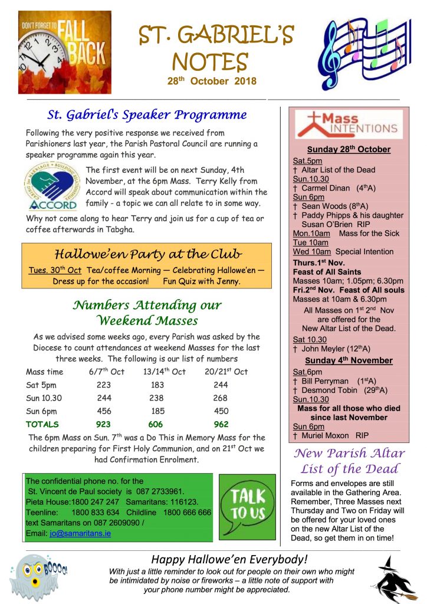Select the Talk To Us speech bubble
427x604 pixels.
coord(247,504)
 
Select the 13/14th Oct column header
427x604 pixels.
coord(164,372)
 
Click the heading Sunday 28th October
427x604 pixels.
coord(349,149)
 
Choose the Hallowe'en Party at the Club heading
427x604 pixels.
coord(148,254)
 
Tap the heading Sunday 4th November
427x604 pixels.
coord(349,360)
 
